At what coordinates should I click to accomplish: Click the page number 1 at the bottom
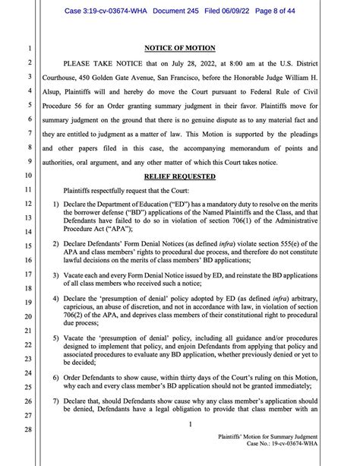pos(191,425)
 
